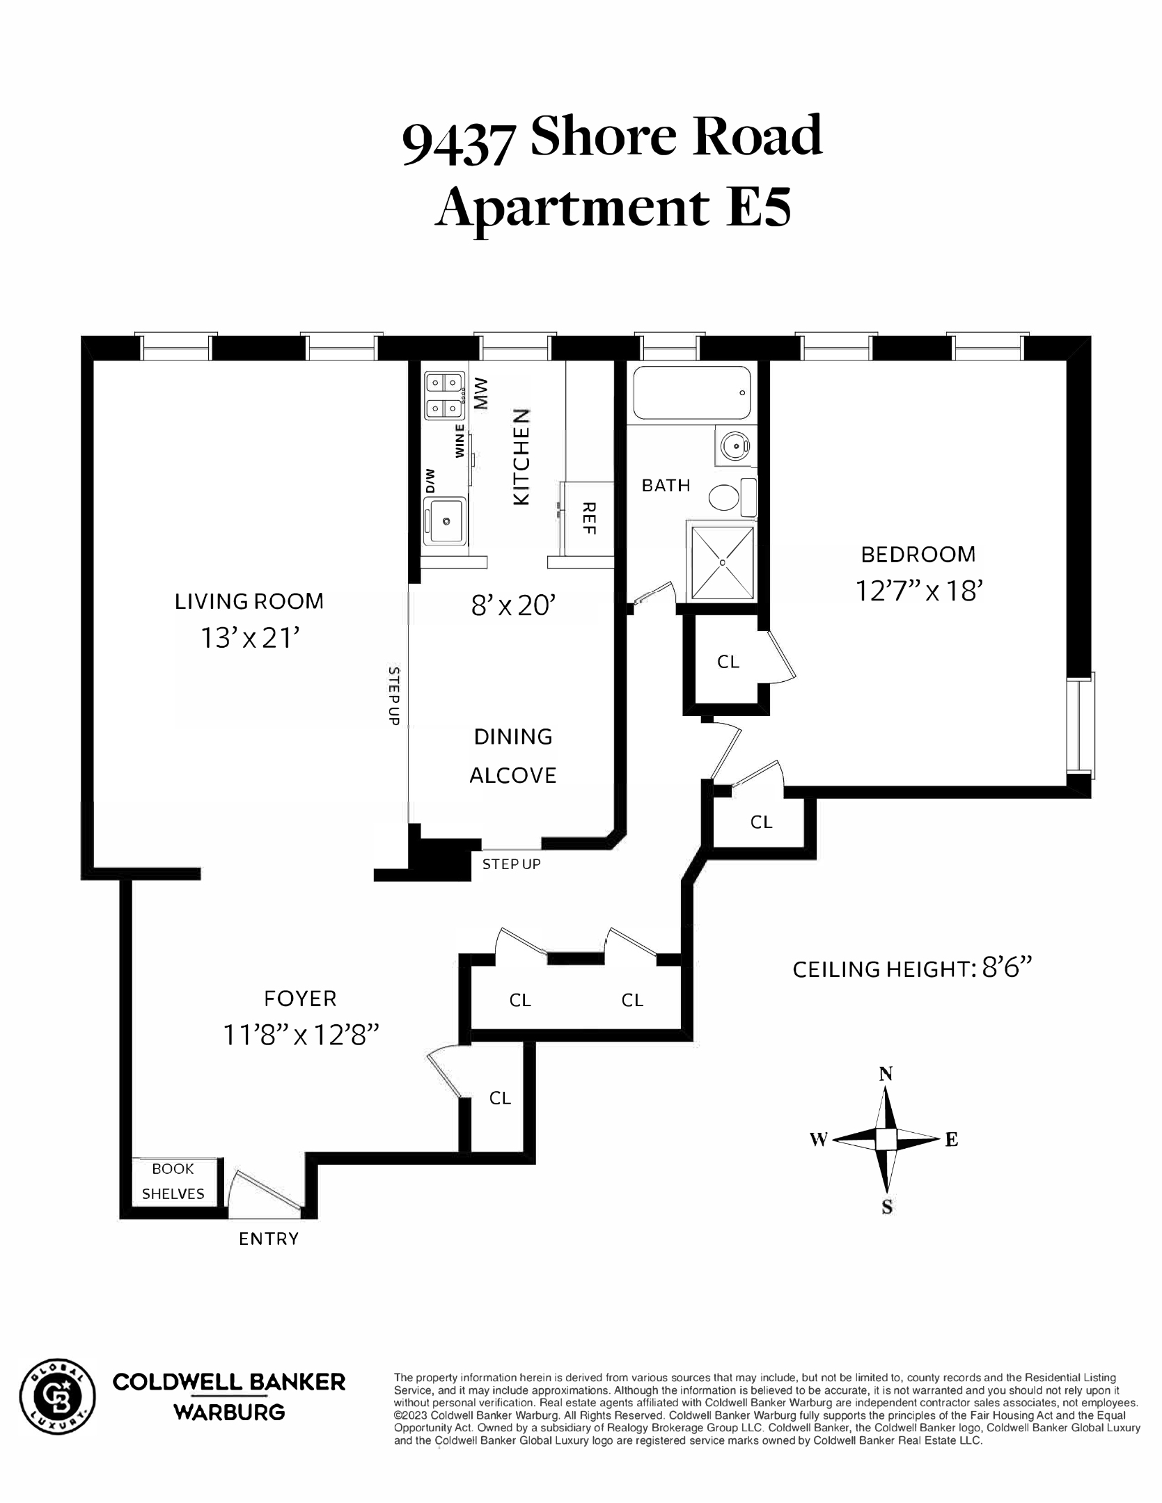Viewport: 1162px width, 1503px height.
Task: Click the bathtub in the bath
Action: pos(691,393)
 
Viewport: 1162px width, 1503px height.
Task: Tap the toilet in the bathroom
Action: pos(725,498)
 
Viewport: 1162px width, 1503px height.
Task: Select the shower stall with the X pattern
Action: pos(722,562)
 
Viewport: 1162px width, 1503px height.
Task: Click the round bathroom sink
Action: pos(732,443)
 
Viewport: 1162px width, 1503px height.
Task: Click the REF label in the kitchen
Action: pos(589,518)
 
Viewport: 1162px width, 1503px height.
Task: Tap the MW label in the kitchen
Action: pos(481,394)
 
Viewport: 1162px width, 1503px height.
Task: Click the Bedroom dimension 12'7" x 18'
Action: pos(918,591)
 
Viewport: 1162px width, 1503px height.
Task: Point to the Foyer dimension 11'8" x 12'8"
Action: pos(301,1035)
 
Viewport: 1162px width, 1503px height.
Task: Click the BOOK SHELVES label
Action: pos(173,1182)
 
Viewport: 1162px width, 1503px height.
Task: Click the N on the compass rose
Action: pos(886,1074)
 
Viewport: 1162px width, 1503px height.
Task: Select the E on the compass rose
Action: pos(951,1140)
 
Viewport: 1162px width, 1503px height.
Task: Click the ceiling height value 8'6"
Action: pos(1006,969)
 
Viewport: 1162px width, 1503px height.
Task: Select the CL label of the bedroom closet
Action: pos(728,662)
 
